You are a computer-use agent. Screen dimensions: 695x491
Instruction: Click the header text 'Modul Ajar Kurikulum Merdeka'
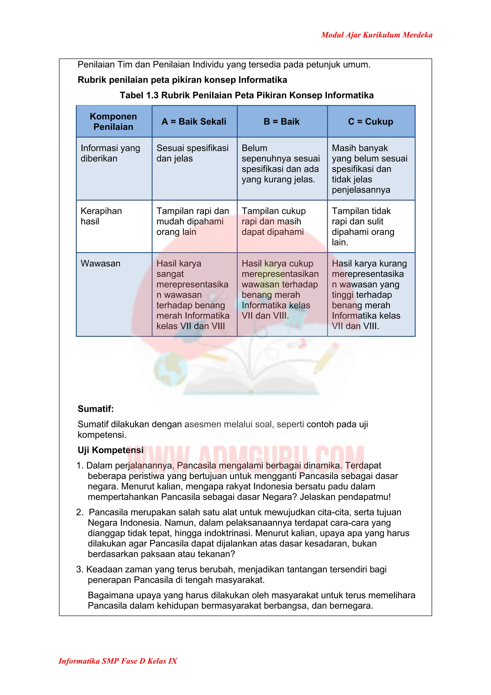pos(376,35)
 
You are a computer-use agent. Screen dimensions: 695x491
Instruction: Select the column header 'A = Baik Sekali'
pos(194,121)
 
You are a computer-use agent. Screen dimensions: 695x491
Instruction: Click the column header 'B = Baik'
pos(281,121)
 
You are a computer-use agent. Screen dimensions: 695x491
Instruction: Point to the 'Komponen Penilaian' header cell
pos(113,121)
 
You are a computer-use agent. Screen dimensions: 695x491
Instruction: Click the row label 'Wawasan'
pos(100,263)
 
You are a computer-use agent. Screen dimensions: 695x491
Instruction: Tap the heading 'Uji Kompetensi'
pos(111,450)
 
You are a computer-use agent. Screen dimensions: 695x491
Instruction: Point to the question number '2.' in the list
pos(80,512)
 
